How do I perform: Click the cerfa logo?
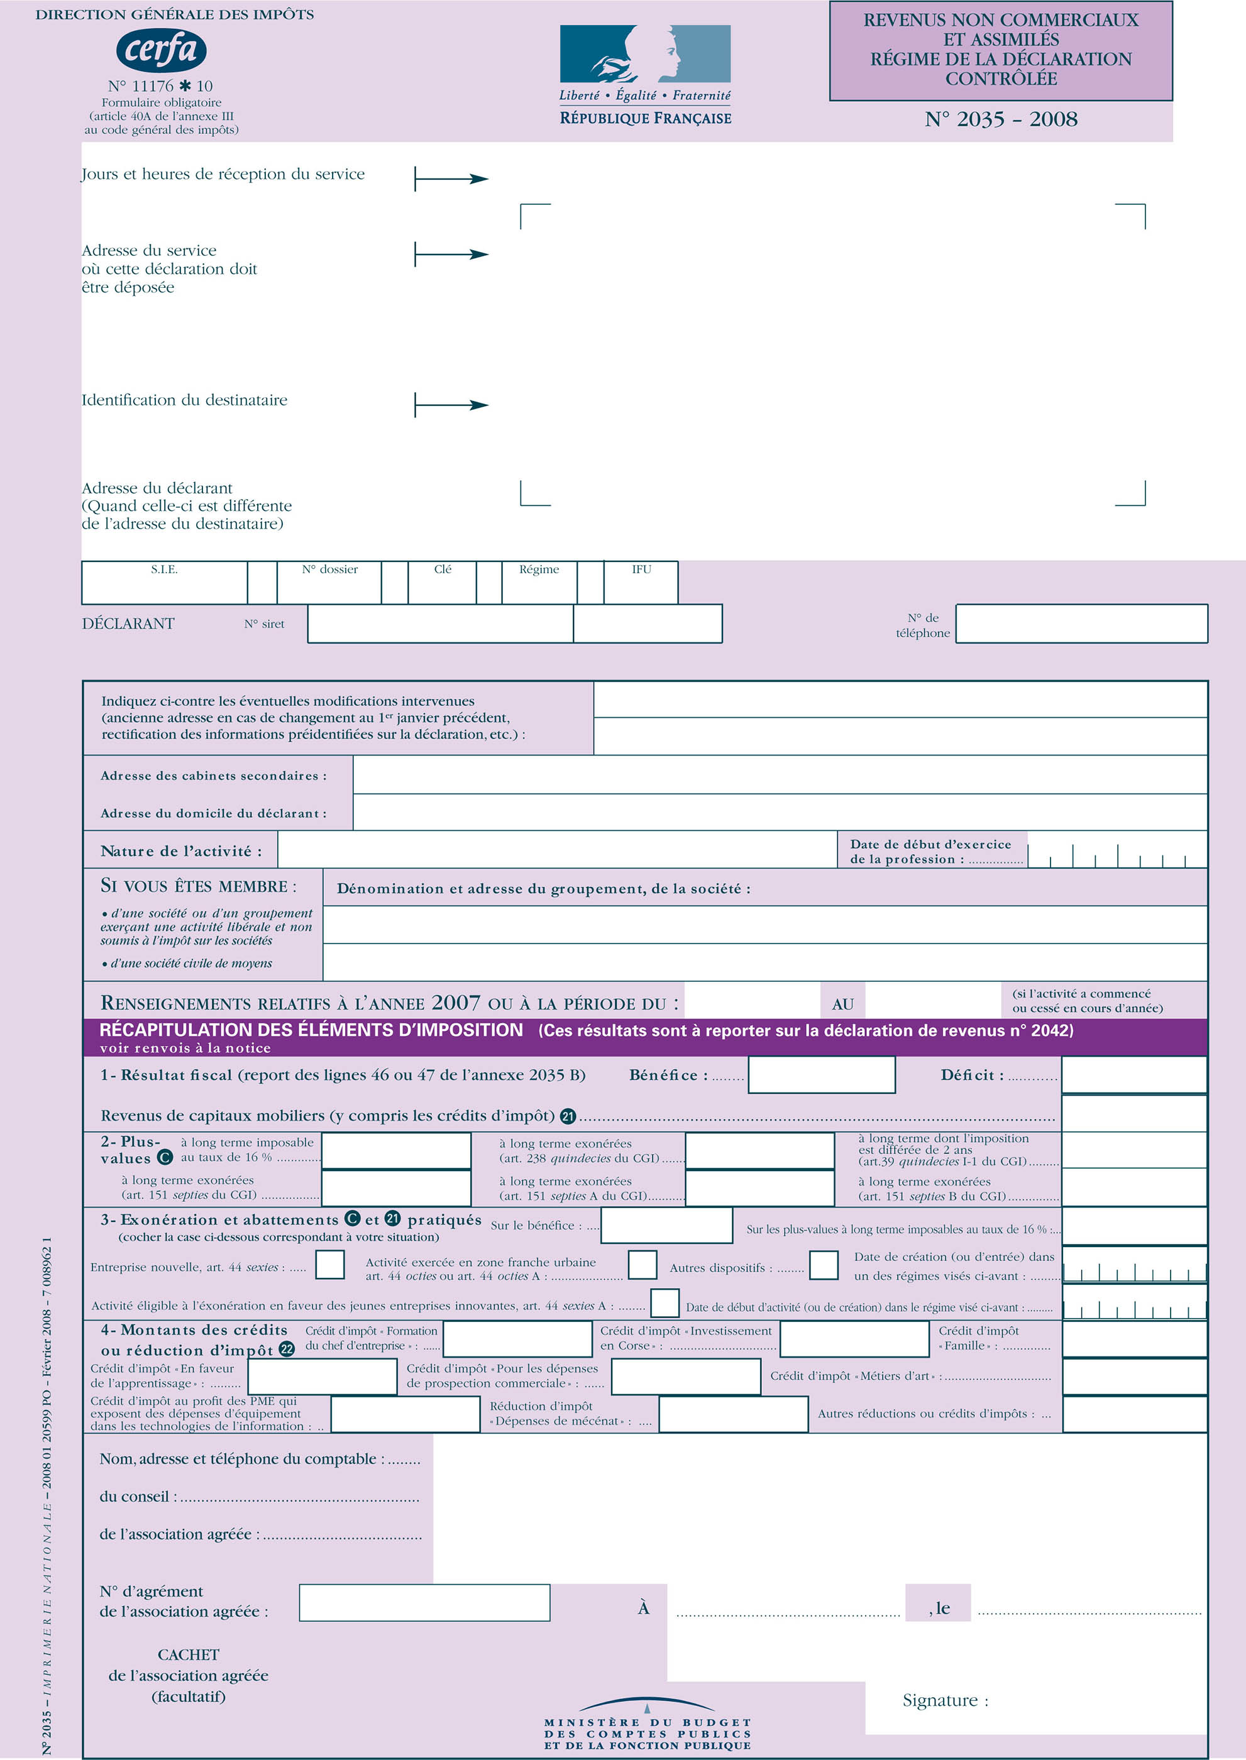[x=161, y=50]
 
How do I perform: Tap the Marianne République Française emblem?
[x=644, y=53]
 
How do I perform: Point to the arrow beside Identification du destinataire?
[x=452, y=404]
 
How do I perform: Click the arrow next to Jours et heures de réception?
[x=452, y=179]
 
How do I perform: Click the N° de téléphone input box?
[x=1081, y=624]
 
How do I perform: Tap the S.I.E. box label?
[x=164, y=569]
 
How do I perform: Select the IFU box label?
[x=641, y=569]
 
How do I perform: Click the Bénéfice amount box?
[x=821, y=1075]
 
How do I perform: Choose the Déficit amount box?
[x=1134, y=1075]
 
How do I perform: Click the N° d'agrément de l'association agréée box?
[x=424, y=1603]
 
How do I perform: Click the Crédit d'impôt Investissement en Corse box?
[x=854, y=1339]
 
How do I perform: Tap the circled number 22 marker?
[x=286, y=1350]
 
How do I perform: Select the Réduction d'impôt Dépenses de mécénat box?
[x=733, y=1415]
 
